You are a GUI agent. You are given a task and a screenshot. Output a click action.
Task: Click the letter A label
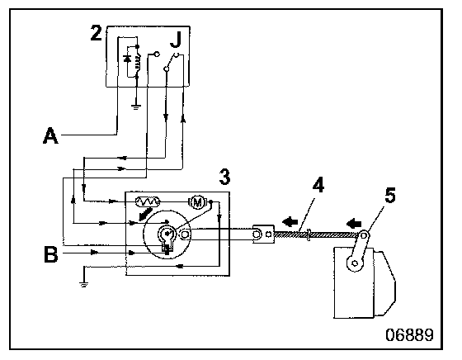(x=50, y=135)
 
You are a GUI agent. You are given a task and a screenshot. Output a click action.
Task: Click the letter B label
(x=51, y=254)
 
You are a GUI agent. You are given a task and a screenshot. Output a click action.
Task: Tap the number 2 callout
(x=96, y=33)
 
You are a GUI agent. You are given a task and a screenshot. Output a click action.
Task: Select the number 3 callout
(x=224, y=177)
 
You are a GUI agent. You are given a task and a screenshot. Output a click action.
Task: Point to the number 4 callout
(x=318, y=185)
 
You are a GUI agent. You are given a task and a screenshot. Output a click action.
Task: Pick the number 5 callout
(x=390, y=195)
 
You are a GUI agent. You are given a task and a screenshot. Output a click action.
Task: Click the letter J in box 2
(x=176, y=40)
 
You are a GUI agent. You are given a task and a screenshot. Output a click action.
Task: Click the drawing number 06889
(x=409, y=335)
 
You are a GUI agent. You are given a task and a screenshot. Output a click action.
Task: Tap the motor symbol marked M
(x=197, y=202)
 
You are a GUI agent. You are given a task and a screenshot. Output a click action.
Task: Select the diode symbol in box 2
(x=127, y=59)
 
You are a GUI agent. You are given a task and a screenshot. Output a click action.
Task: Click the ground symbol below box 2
(x=136, y=107)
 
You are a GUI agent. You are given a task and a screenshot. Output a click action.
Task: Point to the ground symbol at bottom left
(x=83, y=285)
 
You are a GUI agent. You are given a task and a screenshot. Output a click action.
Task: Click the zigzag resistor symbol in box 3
(x=148, y=201)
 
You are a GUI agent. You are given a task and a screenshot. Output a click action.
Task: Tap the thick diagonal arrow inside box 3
(x=145, y=215)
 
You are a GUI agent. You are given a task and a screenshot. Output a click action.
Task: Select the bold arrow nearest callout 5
(x=354, y=224)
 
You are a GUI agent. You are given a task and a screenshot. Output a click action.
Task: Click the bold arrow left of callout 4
(x=290, y=221)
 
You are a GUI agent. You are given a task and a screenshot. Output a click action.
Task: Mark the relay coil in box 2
(x=137, y=63)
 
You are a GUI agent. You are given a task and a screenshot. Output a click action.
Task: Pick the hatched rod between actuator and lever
(x=317, y=235)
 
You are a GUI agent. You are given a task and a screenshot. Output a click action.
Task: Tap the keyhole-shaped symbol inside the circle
(x=167, y=238)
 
